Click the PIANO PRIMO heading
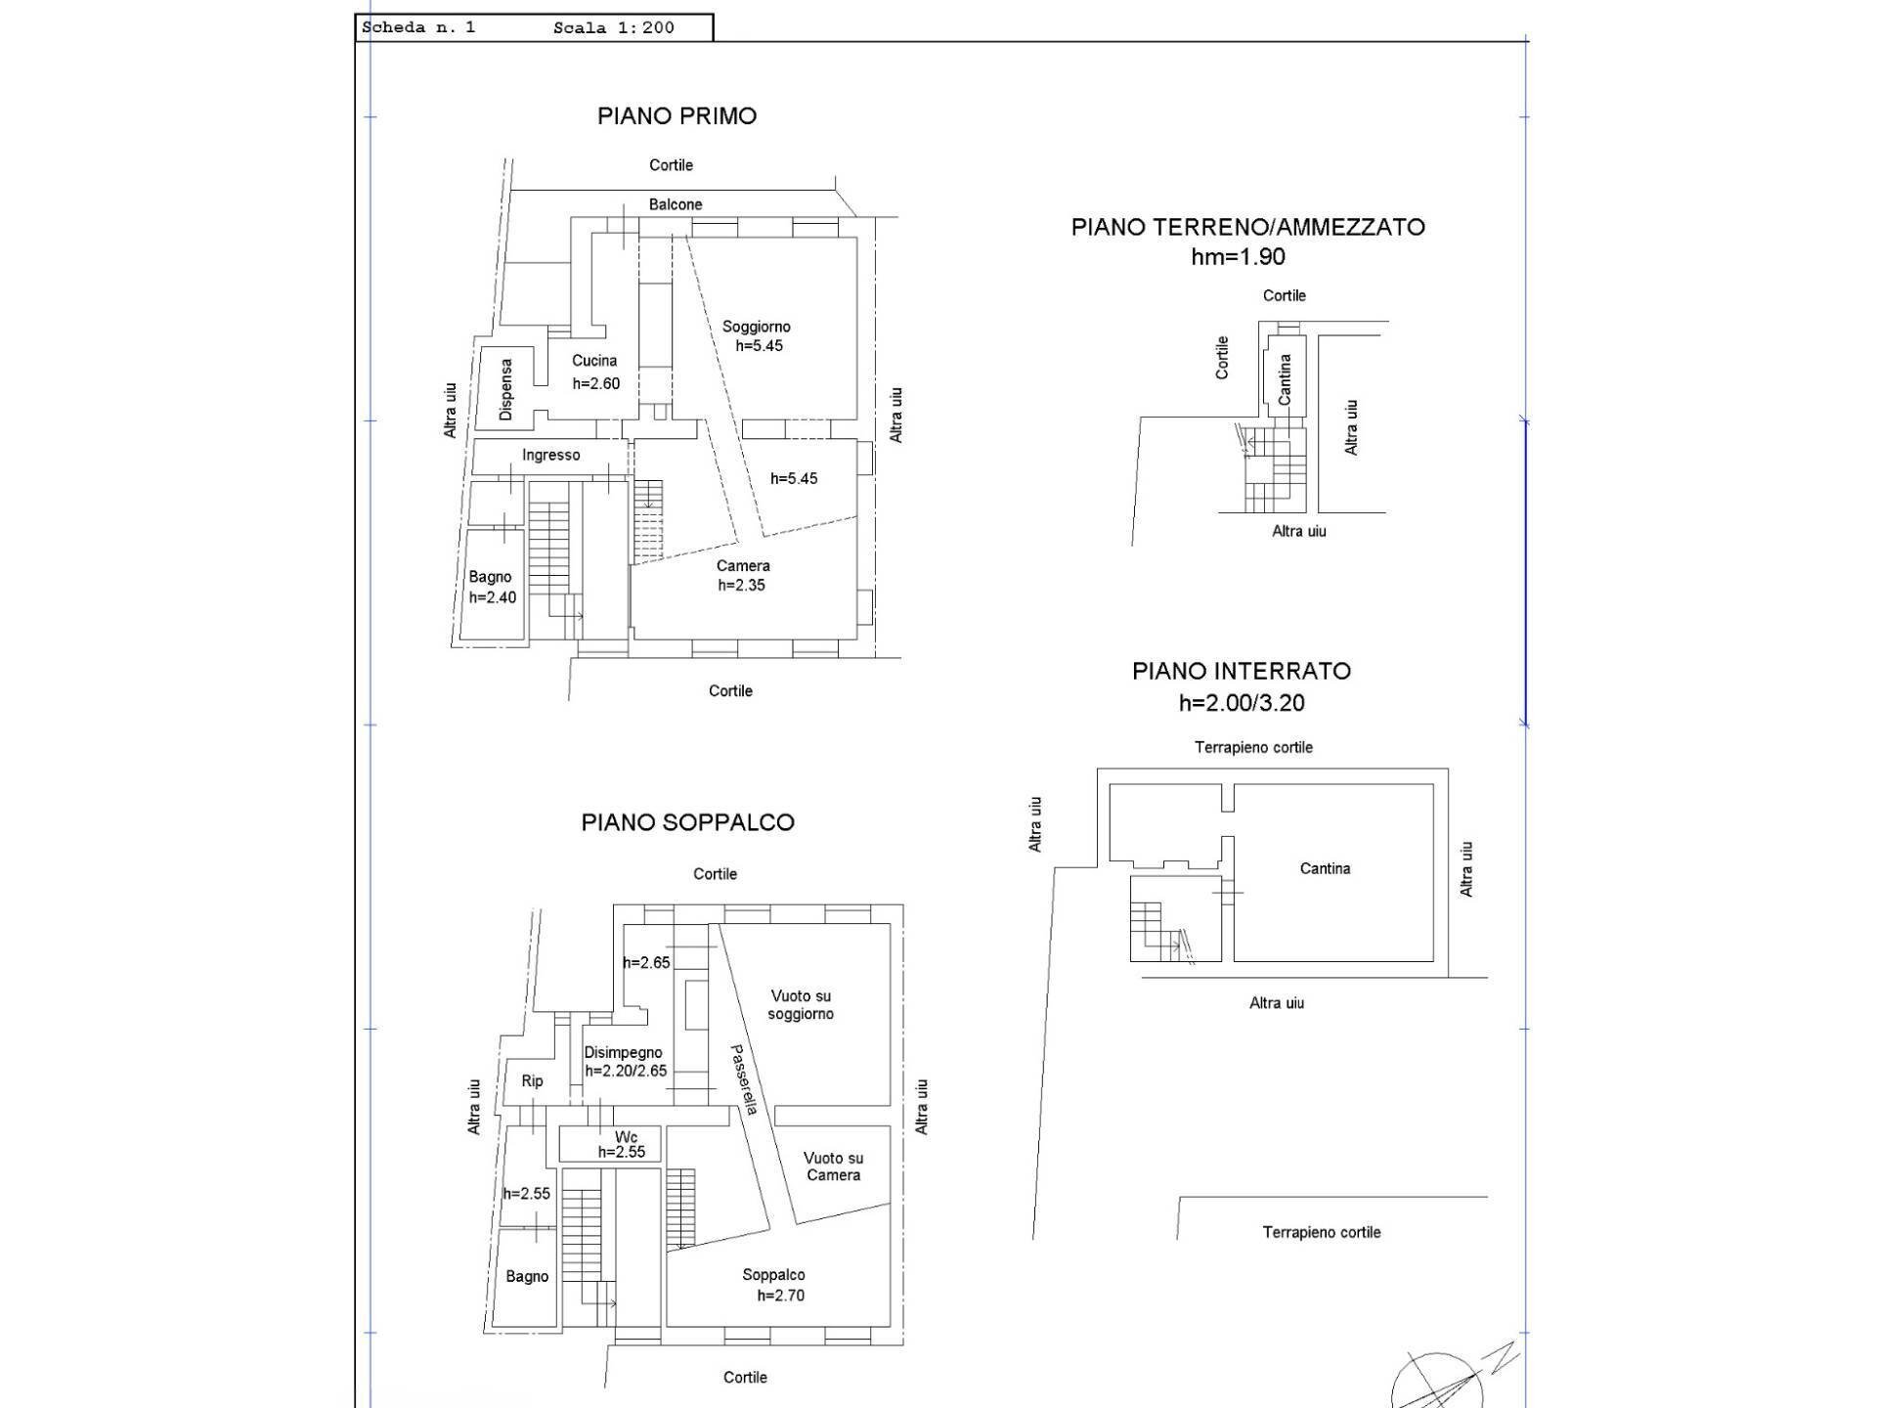click(x=677, y=116)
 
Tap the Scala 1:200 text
click(x=614, y=27)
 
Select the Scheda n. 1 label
click(x=418, y=27)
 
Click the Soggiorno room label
click(x=757, y=327)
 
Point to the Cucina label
click(x=594, y=361)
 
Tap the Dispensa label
click(x=505, y=389)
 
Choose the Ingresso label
click(x=550, y=455)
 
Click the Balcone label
click(x=676, y=204)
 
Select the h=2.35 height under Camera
click(x=742, y=586)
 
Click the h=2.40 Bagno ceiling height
click(x=493, y=597)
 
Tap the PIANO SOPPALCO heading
click(x=688, y=822)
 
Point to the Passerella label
click(x=745, y=1080)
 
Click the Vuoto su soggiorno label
click(x=801, y=1005)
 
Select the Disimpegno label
click(x=623, y=1053)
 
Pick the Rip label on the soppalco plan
click(x=532, y=1080)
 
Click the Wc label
click(x=626, y=1137)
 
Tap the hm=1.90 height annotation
click(x=1238, y=257)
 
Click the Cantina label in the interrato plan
click(x=1325, y=868)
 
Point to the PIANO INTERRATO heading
click(x=1242, y=672)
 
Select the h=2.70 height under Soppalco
click(x=781, y=1296)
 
